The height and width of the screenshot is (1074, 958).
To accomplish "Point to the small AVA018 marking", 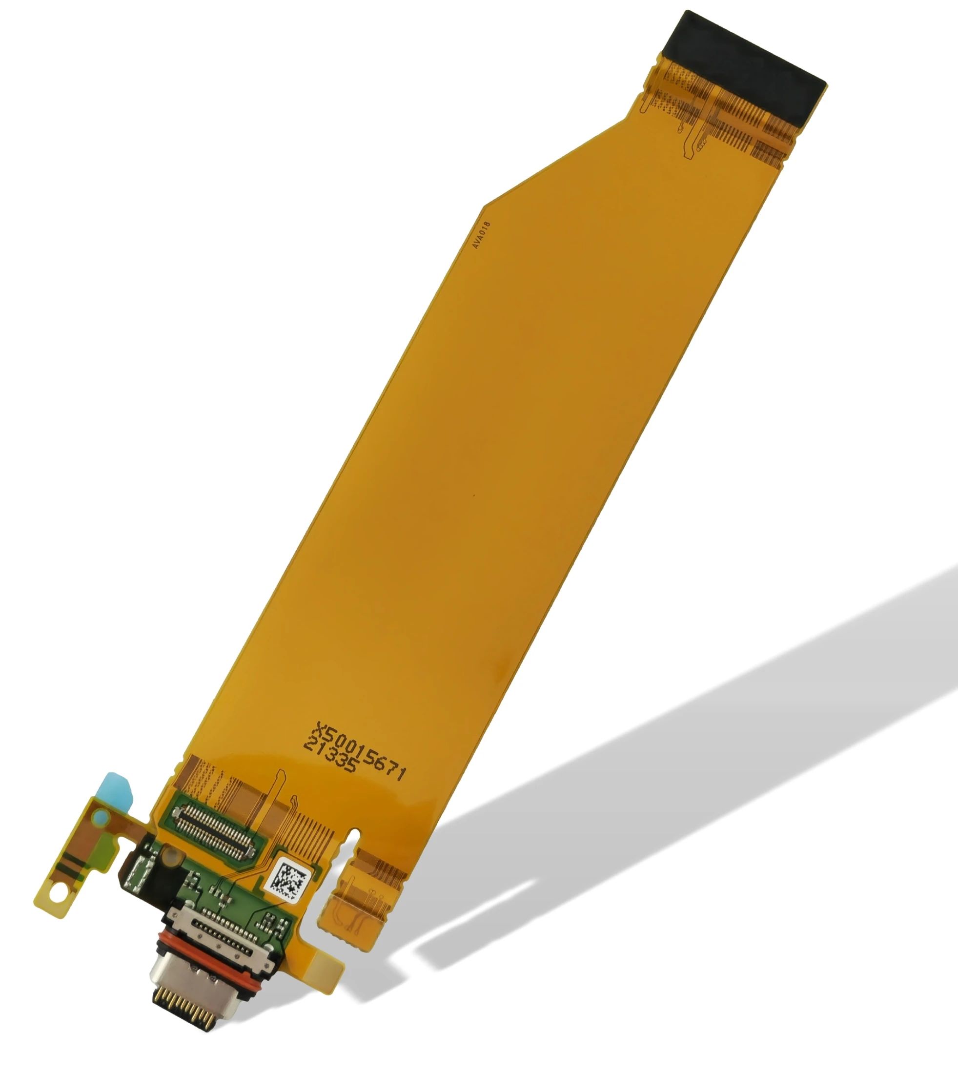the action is [481, 235].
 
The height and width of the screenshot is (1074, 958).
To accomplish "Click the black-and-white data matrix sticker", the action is [287, 877].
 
